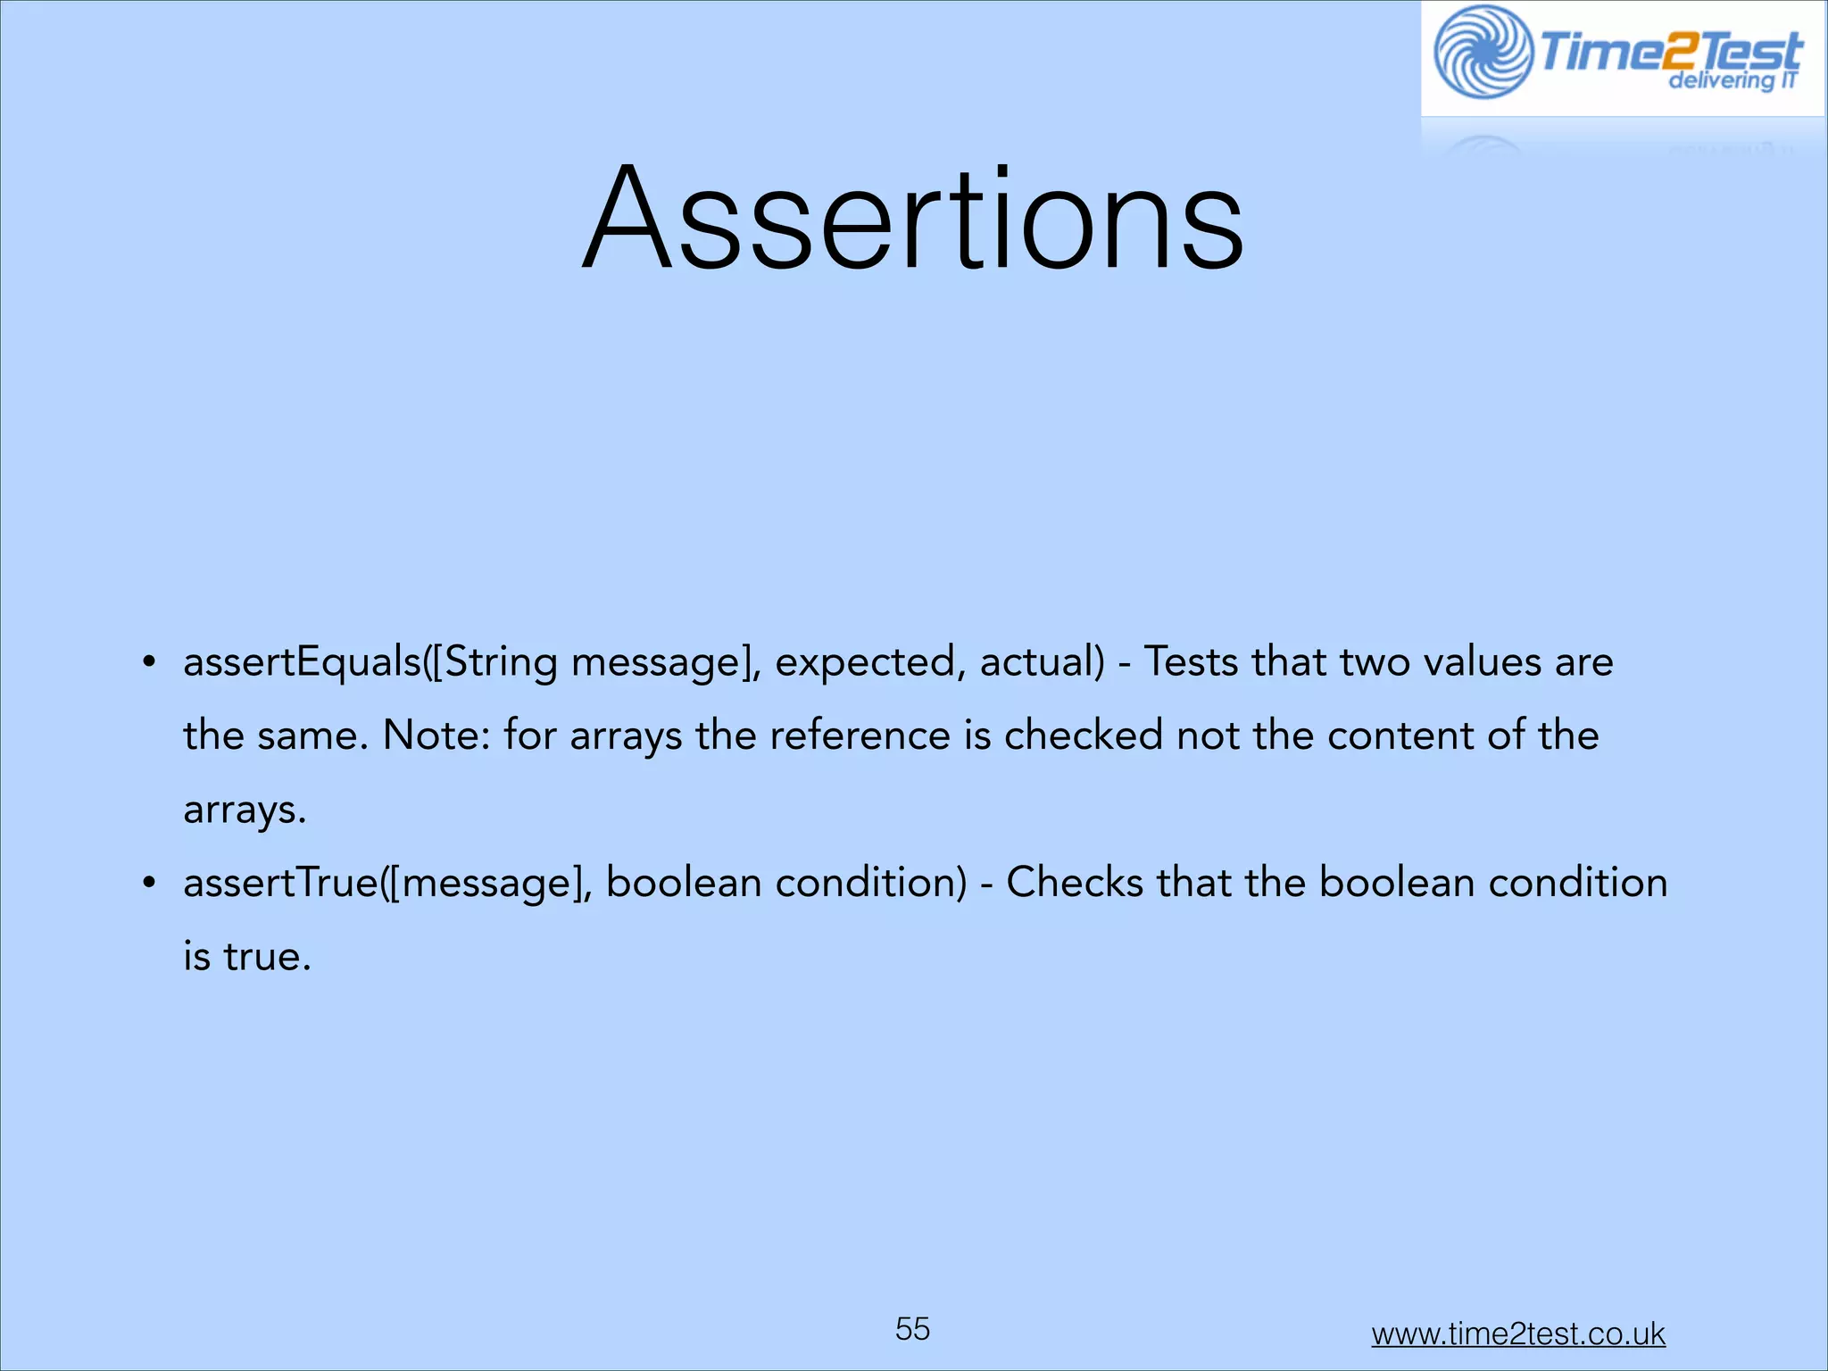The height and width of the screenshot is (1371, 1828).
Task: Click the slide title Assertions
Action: [x=912, y=220]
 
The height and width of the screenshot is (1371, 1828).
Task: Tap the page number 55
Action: [x=912, y=1329]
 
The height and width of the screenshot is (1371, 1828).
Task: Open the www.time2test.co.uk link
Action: [x=1517, y=1334]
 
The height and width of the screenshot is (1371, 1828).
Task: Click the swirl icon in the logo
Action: [x=1483, y=53]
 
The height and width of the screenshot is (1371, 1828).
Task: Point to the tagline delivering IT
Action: [x=1732, y=81]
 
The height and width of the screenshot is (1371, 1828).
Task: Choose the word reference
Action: [x=860, y=736]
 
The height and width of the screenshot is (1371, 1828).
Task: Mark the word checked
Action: [x=1084, y=736]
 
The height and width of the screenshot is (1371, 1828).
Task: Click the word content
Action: [x=1400, y=736]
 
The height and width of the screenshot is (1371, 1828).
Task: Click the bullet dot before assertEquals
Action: [x=149, y=663]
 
